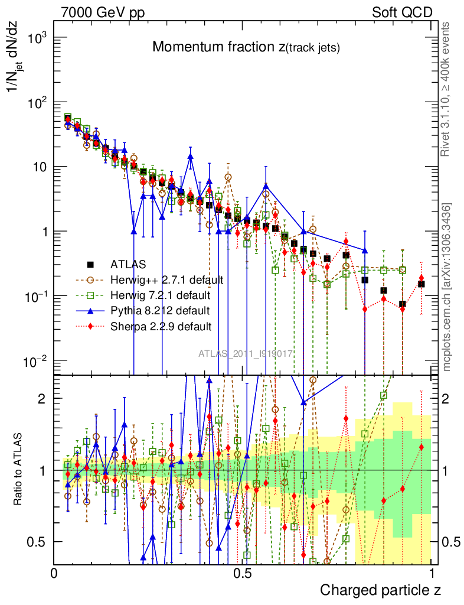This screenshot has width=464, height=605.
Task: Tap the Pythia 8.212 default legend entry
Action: (160, 310)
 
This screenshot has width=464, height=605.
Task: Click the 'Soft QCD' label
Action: (402, 12)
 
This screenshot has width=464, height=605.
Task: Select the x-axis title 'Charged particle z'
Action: (380, 590)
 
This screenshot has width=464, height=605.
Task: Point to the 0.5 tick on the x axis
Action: (243, 574)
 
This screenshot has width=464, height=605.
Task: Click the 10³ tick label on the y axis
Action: (36, 38)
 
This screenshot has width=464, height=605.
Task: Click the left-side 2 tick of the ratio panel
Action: (42, 399)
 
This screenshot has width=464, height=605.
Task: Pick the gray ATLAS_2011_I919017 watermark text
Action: (246, 354)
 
